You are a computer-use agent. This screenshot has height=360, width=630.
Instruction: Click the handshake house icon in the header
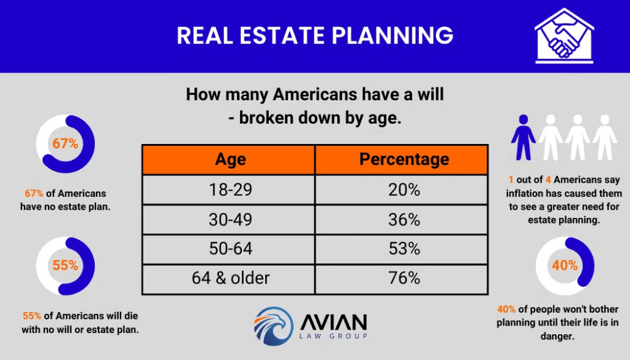click(564, 36)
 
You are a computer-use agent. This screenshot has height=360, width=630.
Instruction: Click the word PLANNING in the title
click(392, 35)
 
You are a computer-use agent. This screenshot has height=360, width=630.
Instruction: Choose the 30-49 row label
click(230, 220)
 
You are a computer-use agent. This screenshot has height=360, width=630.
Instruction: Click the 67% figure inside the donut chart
click(65, 143)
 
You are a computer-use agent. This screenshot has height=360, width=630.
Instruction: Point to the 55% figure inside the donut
click(65, 266)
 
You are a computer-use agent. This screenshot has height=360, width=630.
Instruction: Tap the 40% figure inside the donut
click(565, 265)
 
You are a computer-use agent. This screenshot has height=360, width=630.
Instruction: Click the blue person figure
click(523, 137)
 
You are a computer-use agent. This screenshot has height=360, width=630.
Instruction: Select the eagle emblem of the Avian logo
click(273, 326)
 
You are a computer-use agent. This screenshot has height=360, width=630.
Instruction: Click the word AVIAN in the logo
click(333, 321)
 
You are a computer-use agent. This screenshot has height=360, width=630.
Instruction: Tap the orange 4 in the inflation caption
click(548, 180)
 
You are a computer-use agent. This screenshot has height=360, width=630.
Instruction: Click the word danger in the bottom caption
click(557, 336)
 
